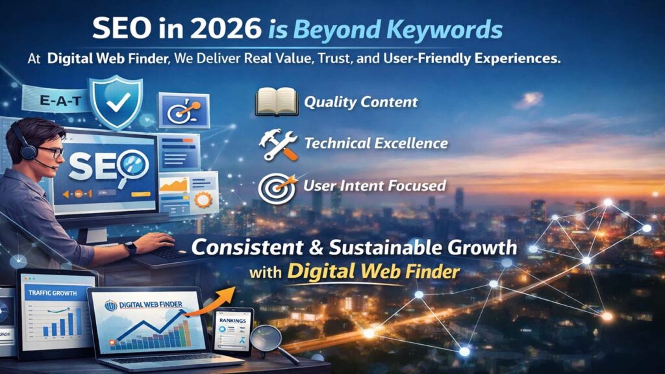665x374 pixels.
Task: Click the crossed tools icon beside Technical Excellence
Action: [279, 144]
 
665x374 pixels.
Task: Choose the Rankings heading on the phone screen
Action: [231, 320]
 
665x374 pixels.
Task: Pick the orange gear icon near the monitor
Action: [203, 200]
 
